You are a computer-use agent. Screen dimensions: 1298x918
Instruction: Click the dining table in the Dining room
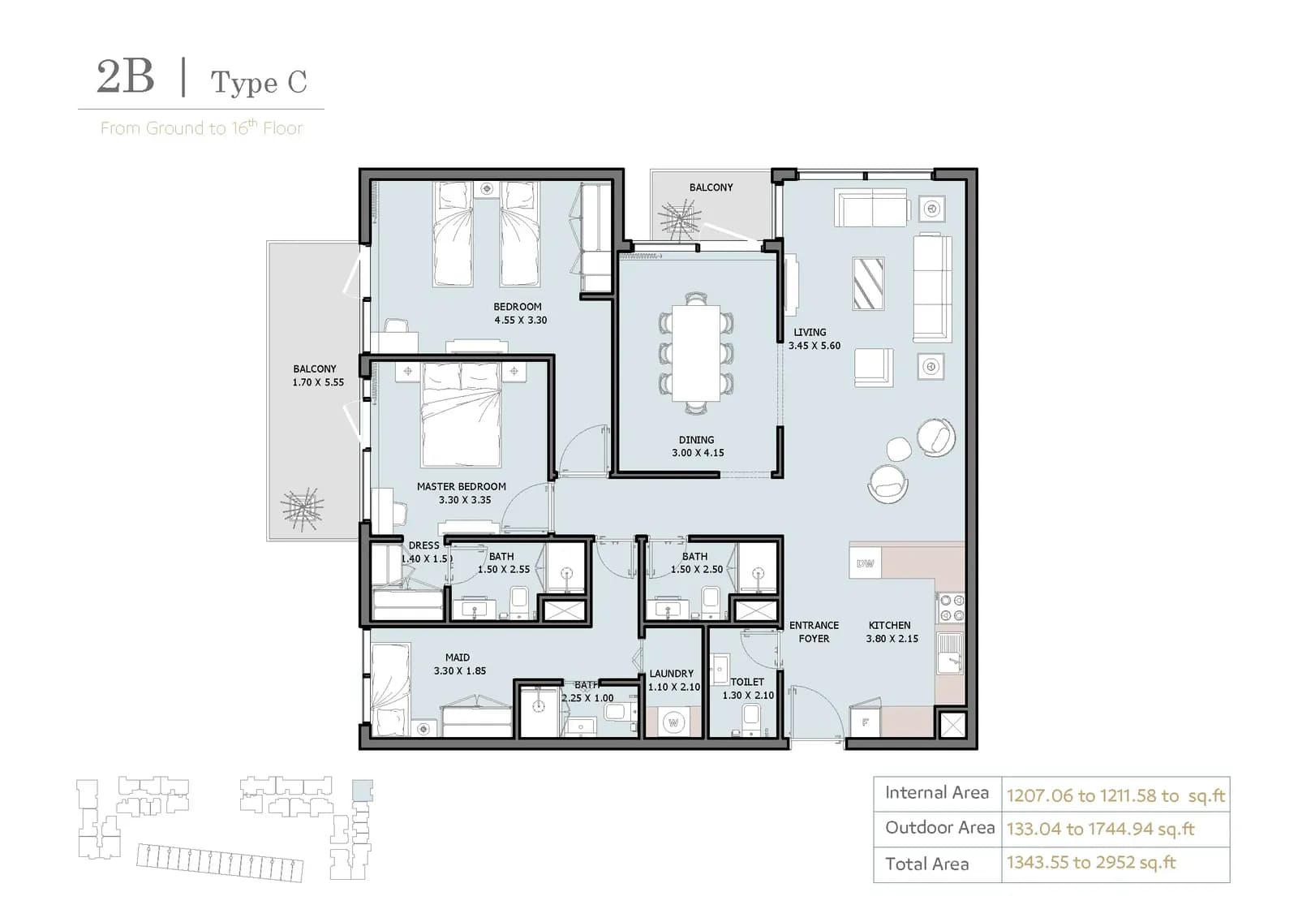click(x=696, y=352)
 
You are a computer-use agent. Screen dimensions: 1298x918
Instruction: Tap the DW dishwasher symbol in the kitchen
click(x=865, y=563)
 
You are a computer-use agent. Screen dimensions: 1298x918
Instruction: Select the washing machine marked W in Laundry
click(x=673, y=722)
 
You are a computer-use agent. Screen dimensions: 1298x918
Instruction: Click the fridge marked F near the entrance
click(x=865, y=722)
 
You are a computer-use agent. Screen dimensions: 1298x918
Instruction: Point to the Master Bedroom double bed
click(x=462, y=415)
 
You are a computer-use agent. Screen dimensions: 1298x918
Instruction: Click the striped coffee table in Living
click(x=868, y=283)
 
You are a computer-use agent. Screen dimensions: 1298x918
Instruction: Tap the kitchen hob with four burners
click(x=951, y=608)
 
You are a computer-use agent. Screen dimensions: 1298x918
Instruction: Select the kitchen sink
click(x=950, y=653)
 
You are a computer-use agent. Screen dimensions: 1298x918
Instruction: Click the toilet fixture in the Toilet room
click(x=750, y=720)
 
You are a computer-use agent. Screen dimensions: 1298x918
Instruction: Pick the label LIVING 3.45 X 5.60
click(x=814, y=338)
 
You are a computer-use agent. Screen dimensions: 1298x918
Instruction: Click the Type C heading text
click(x=259, y=83)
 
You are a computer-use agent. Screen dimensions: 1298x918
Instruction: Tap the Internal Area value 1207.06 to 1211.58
click(x=1092, y=795)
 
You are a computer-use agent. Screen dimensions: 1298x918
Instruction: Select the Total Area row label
click(x=926, y=864)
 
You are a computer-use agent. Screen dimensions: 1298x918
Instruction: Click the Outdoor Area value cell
click(x=1115, y=830)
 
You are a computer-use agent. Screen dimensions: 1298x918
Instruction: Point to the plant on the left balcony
click(x=302, y=509)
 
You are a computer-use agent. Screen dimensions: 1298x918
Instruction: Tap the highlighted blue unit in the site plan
click(x=363, y=790)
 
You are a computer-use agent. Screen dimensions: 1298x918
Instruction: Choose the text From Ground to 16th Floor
click(x=202, y=127)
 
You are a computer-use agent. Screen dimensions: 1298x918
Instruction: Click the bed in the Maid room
click(x=390, y=690)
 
